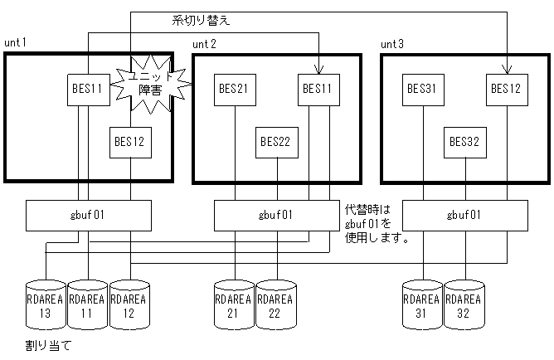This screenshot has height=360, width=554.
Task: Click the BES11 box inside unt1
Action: [89, 89]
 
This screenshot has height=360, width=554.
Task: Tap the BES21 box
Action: [236, 89]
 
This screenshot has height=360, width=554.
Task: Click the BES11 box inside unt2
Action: [318, 89]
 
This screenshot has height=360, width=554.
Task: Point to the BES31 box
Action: [424, 89]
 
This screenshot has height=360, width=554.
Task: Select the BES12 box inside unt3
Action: [506, 89]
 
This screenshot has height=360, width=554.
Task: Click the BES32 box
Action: [464, 142]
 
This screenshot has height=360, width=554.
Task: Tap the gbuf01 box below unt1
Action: [89, 216]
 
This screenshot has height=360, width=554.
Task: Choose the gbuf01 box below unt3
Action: [464, 216]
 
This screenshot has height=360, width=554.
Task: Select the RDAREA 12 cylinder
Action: [129, 304]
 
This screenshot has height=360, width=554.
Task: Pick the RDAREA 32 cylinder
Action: [464, 304]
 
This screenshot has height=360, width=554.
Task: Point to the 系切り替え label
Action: [200, 20]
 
